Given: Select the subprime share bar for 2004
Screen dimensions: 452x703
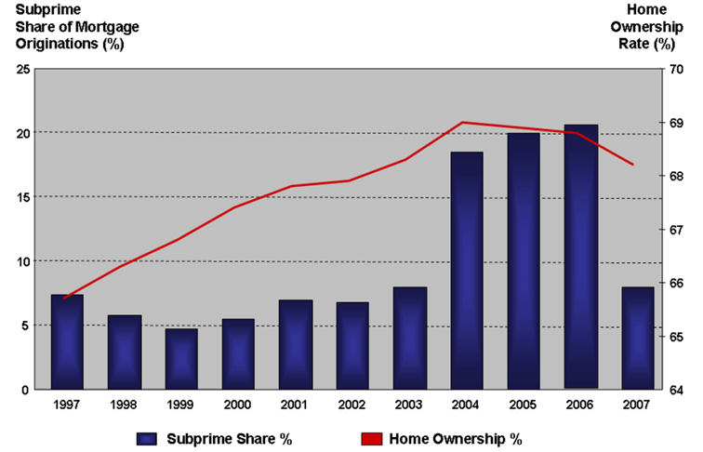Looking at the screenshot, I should (x=467, y=270).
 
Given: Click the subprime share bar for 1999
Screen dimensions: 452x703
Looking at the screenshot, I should (x=181, y=359).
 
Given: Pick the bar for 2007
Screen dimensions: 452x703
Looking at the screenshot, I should (x=638, y=338).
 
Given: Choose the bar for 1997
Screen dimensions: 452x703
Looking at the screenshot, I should (x=67, y=341).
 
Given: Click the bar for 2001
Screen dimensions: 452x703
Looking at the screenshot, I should (x=296, y=344).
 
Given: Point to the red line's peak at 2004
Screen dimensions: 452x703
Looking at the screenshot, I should (x=463, y=123).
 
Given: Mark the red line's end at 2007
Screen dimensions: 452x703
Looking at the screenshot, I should (x=633, y=165).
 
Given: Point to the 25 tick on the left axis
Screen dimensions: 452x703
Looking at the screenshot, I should (x=24, y=69).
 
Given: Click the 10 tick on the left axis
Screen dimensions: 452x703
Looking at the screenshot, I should (x=24, y=261).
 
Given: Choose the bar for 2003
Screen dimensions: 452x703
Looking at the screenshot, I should (x=410, y=338).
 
